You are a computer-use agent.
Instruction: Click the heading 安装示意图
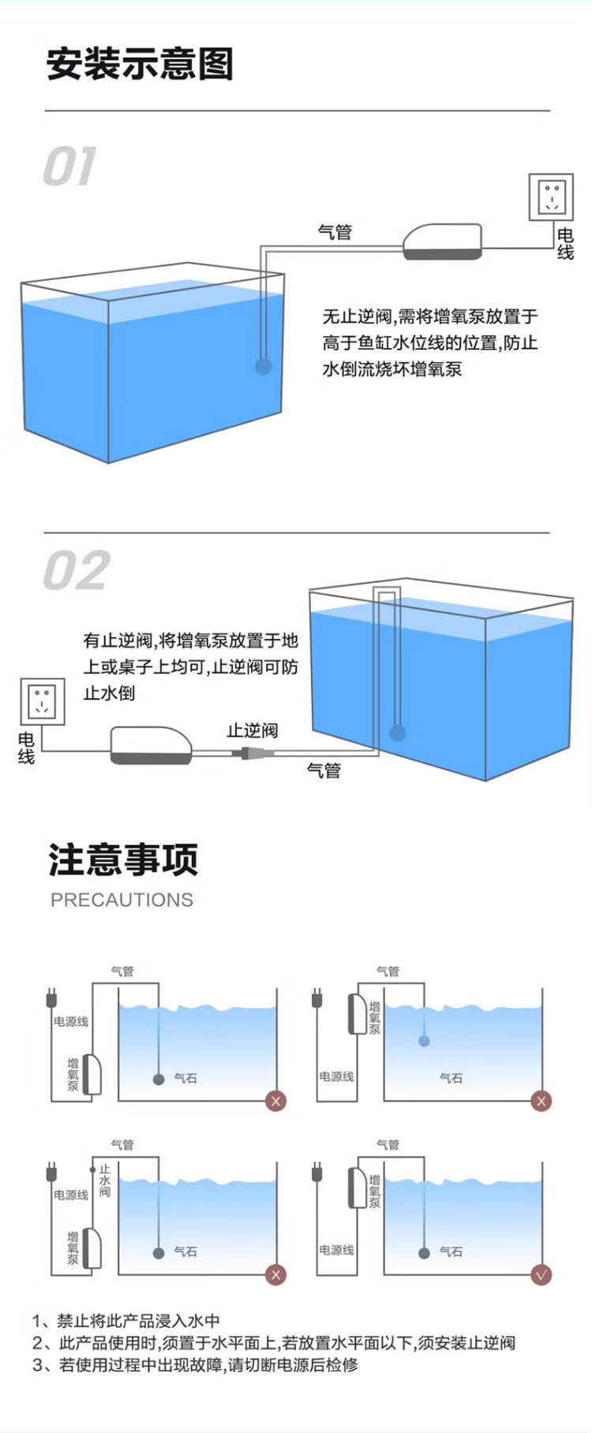[x=140, y=64]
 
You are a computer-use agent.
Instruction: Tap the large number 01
[x=69, y=166]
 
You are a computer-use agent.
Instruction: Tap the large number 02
[x=76, y=571]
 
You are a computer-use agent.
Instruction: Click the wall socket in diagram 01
[x=551, y=196]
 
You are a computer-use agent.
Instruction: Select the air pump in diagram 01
[x=442, y=241]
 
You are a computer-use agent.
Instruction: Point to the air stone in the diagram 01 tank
[x=264, y=365]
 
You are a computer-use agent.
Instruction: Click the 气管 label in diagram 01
[x=335, y=232]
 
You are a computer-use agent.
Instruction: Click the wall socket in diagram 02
[x=42, y=702]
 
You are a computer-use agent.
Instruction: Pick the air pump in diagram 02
[x=151, y=745]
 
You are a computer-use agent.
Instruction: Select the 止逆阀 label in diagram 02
[x=253, y=730]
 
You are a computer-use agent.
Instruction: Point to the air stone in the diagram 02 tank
[x=397, y=733]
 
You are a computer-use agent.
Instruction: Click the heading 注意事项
[x=123, y=859]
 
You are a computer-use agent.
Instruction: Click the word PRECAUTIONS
[x=122, y=900]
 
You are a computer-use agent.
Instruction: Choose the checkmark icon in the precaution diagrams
[x=541, y=1274]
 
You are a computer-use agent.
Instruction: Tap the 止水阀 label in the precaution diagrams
[x=105, y=1180]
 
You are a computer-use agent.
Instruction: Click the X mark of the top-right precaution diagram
[x=541, y=1101]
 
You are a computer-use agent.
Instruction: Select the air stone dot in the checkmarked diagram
[x=425, y=1252]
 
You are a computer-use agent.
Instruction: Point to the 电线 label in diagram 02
[x=26, y=747]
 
